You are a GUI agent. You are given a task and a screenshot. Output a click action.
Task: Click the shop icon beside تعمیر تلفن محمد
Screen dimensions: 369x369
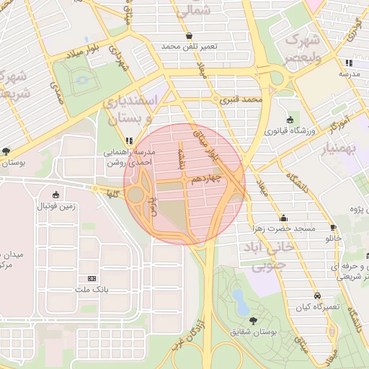[x=189, y=35]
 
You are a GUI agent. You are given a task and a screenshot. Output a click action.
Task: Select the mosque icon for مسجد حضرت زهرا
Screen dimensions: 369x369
[x=283, y=218]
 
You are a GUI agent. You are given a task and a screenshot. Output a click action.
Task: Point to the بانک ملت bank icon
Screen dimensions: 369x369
[x=92, y=279]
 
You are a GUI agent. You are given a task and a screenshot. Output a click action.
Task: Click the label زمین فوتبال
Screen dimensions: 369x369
[x=56, y=207]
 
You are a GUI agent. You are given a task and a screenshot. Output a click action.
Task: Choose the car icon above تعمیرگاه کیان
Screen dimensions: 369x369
[x=317, y=295]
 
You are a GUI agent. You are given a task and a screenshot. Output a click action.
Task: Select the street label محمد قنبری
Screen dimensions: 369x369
[x=240, y=99]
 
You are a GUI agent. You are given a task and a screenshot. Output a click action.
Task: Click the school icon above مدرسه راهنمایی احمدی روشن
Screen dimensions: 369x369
[x=128, y=141]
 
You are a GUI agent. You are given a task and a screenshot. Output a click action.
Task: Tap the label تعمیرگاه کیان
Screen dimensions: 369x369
[x=318, y=308]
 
